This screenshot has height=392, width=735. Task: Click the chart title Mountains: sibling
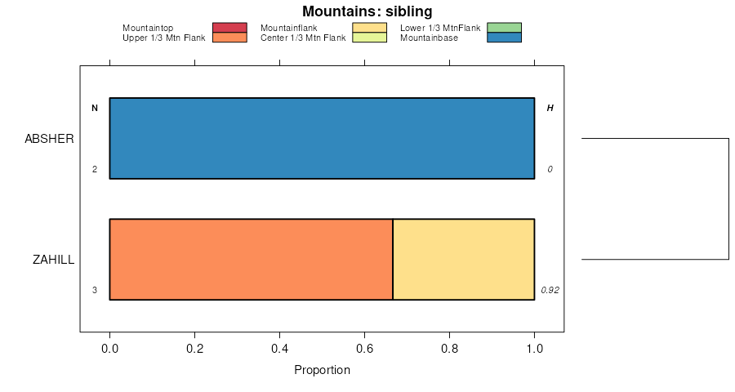coord(367,11)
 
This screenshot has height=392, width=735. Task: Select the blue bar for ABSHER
coord(322,138)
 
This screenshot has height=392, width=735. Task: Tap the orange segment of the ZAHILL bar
coord(251,259)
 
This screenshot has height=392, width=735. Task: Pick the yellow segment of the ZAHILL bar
coord(463,259)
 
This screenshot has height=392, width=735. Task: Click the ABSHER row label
coord(50,139)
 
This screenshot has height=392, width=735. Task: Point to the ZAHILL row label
coord(53,260)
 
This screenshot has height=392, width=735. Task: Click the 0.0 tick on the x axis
coord(109,349)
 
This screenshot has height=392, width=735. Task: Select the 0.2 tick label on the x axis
coord(194,349)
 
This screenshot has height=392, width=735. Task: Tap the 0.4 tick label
coord(279,349)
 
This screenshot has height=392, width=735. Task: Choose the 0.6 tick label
coord(364,349)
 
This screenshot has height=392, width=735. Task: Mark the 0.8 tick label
coord(449,349)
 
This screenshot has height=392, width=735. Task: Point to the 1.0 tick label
coord(534,349)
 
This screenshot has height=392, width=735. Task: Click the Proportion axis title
coord(322,370)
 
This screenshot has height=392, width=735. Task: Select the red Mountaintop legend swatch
coord(229,28)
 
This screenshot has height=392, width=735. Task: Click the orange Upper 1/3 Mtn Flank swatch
coord(229,38)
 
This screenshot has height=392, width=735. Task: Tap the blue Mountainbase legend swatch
coord(504,38)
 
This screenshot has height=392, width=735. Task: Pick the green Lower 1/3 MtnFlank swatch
coord(504,28)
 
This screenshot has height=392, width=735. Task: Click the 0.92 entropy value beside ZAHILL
coord(550,290)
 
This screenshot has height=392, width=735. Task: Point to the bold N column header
coord(95,109)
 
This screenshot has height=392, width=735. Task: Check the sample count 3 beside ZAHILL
coord(95,290)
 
